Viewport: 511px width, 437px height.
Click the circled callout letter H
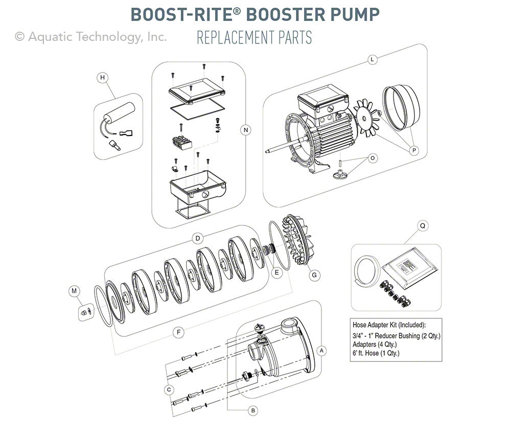tap(103, 78)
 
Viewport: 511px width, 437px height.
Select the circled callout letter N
tap(246, 130)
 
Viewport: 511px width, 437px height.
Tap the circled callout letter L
tap(373, 60)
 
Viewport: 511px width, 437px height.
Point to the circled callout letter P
tap(414, 150)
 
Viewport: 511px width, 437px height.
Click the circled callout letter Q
tap(422, 225)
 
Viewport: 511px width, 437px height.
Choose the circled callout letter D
tap(196, 238)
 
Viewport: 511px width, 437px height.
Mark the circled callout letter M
tap(75, 291)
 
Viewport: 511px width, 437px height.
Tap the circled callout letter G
tap(314, 275)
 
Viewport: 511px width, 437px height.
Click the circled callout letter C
tap(168, 389)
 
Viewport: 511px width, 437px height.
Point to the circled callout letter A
tap(321, 351)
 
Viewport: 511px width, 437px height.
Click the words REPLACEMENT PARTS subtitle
tap(254, 38)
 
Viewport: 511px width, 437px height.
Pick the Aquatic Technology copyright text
tap(91, 36)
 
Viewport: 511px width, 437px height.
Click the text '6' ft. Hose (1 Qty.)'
tap(377, 353)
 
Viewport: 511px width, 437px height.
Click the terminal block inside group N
tap(183, 142)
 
